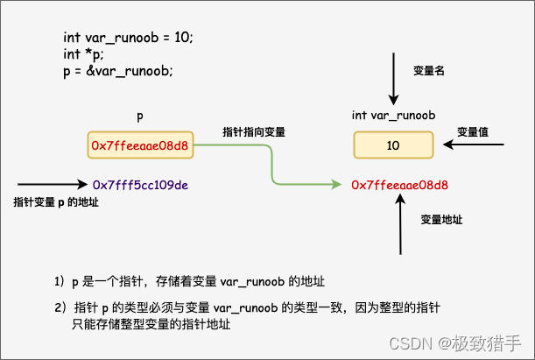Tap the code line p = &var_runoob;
click(x=118, y=71)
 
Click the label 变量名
click(x=429, y=70)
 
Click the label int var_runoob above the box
click(x=394, y=115)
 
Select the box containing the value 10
click(x=393, y=145)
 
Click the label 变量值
click(x=473, y=132)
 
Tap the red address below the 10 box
click(x=399, y=185)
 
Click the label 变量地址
click(x=440, y=219)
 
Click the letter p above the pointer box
click(x=140, y=116)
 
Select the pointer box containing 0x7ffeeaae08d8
click(x=140, y=145)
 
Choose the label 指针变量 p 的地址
click(x=56, y=202)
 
